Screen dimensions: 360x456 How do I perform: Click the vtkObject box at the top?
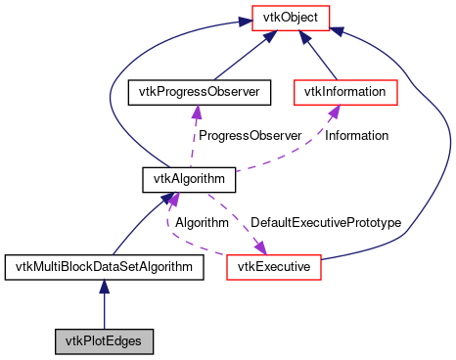(x=291, y=16)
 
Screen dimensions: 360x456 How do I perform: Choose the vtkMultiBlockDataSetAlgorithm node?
(x=104, y=265)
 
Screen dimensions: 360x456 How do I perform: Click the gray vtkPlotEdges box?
(x=104, y=341)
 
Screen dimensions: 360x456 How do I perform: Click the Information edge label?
(x=356, y=135)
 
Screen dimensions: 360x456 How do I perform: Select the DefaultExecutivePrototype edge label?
(x=326, y=223)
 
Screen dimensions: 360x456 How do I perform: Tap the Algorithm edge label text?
(x=202, y=223)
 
